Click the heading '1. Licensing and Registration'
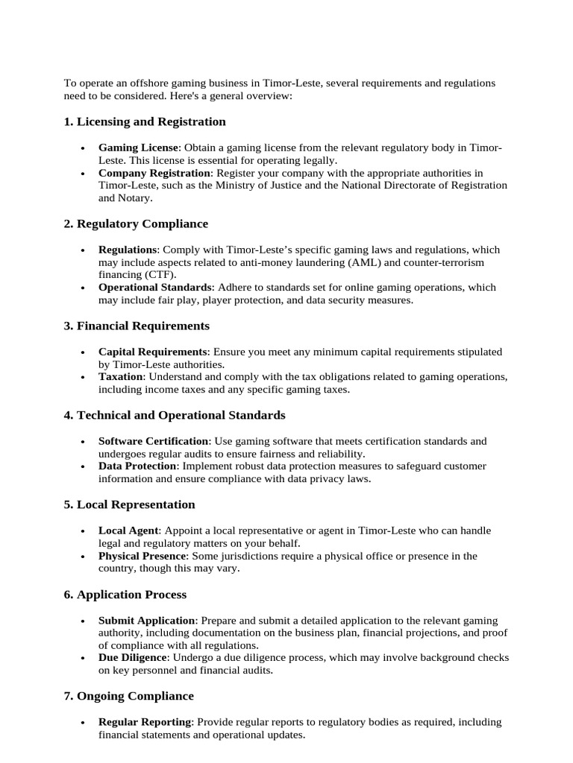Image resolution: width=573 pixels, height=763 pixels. pyautogui.click(x=145, y=121)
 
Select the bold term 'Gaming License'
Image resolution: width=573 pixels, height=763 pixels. pyautogui.click(x=138, y=148)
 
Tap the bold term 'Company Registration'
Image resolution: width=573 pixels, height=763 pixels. pyautogui.click(x=154, y=173)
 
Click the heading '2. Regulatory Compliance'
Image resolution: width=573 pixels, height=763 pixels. pyautogui.click(x=136, y=224)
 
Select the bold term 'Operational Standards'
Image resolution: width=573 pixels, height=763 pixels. pyautogui.click(x=155, y=288)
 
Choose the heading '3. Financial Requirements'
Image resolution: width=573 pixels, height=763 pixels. pyautogui.click(x=137, y=326)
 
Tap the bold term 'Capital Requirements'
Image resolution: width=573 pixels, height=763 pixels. pyautogui.click(x=152, y=352)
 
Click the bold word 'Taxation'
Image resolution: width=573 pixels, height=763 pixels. pyautogui.click(x=120, y=377)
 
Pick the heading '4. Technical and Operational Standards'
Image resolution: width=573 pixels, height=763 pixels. pyautogui.click(x=175, y=415)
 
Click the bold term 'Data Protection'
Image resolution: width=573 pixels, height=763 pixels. pyautogui.click(x=137, y=466)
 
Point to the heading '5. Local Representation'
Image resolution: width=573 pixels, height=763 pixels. pyautogui.click(x=129, y=504)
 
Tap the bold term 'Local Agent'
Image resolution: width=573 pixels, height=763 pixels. pyautogui.click(x=128, y=531)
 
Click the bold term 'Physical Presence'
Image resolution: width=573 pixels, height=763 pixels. pyautogui.click(x=143, y=556)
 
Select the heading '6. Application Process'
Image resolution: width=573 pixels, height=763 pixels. pyautogui.click(x=125, y=595)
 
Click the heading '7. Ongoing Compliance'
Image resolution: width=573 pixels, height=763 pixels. pyautogui.click(x=128, y=696)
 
